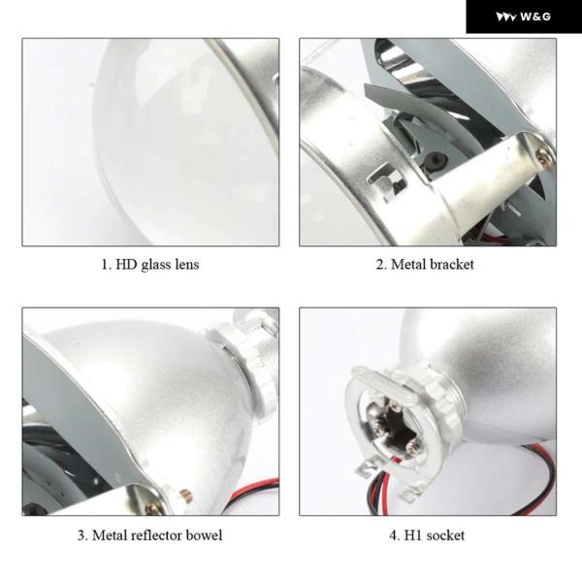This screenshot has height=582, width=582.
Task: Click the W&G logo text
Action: pos(535,16)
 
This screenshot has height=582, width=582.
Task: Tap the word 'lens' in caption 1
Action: pos(187,265)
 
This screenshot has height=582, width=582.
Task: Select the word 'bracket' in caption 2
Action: pos(452,265)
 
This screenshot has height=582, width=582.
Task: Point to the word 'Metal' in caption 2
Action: pos(408,265)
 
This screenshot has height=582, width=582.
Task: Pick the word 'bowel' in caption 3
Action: pos(204,535)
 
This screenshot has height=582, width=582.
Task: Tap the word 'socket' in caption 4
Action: pos(445,535)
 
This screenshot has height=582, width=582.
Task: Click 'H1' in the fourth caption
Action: pos(413,535)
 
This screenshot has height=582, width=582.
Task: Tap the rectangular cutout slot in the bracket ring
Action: pos(387,182)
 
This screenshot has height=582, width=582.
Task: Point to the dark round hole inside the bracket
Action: pos(435,161)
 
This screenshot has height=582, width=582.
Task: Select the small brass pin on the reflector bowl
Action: pos(185,494)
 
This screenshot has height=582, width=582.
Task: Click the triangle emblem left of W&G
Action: pos(505,17)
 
